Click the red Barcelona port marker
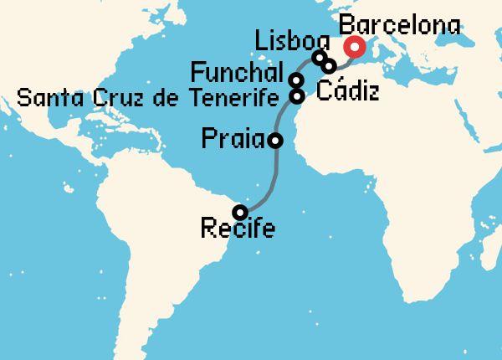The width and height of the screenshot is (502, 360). pos(356,48)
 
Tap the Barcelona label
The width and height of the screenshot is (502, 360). pos(402,25)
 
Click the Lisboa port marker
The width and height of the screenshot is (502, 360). pos(319,58)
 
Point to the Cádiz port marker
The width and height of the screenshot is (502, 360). pos(330,65)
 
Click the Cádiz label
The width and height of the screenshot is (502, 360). pos(346,89)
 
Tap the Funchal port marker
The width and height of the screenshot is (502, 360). pos(296,80)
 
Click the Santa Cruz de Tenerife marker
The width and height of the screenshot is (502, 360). pos(296,95)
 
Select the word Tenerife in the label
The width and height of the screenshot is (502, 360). pos(237,99)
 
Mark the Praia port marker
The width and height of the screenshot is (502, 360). pos(275,141)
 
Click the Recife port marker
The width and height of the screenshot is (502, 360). pos(240,212)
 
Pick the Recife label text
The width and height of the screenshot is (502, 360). pos(238,229)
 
